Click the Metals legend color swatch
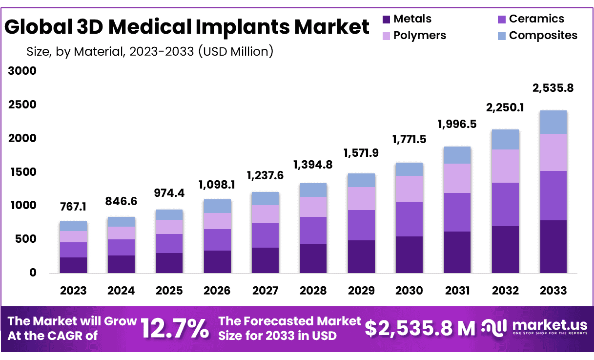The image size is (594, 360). [x=387, y=20]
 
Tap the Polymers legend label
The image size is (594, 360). [x=419, y=35]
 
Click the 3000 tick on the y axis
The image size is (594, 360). [x=22, y=71]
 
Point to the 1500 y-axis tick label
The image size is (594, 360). [x=22, y=172]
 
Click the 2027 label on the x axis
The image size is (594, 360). [x=266, y=291]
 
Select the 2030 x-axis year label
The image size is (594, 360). [x=409, y=291]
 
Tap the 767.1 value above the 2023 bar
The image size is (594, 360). [x=74, y=207]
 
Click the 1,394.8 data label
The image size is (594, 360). [x=313, y=165]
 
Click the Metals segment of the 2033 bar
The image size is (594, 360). [x=553, y=247]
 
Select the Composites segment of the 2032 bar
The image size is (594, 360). [x=505, y=139]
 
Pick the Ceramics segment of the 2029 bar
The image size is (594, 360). [x=361, y=225]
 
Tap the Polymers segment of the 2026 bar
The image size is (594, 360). [x=217, y=221]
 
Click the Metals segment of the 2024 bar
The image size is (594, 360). [x=122, y=264]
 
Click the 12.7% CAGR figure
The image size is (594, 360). [x=175, y=328]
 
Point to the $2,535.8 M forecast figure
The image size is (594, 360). [x=420, y=328]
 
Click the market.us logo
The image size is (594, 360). [x=534, y=327]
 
